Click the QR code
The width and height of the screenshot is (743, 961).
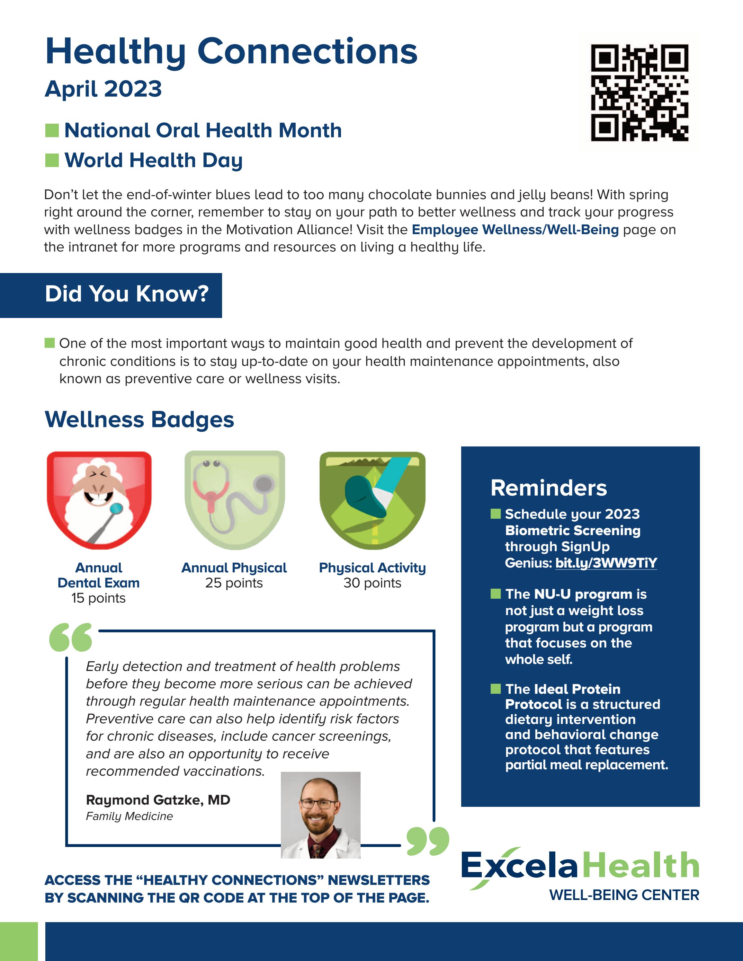tap(639, 93)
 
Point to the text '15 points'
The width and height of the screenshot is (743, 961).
tap(99, 598)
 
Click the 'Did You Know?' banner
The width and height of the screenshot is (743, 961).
tap(127, 294)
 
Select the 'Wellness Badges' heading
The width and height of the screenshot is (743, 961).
tap(139, 419)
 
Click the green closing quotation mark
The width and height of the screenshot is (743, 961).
tap(427, 841)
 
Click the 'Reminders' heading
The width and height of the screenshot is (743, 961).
tap(549, 488)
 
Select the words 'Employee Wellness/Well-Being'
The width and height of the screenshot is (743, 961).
tap(515, 230)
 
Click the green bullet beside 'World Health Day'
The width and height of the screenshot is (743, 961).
tap(52, 161)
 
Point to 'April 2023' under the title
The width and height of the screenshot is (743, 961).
tap(103, 89)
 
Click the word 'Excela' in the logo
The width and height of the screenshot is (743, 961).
tap(519, 866)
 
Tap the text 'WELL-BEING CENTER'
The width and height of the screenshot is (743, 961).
tap(624, 895)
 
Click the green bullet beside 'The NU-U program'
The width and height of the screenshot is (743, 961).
tap(496, 594)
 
